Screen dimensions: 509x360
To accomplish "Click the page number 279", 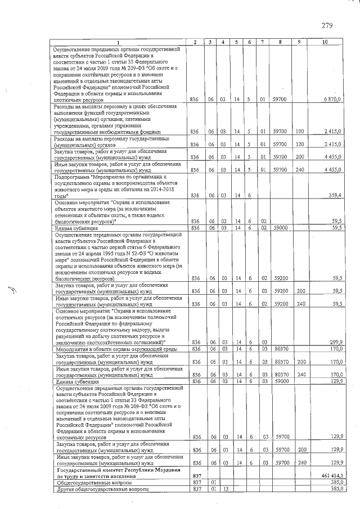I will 328,25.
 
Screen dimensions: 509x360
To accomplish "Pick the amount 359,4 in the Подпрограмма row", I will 334,195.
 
